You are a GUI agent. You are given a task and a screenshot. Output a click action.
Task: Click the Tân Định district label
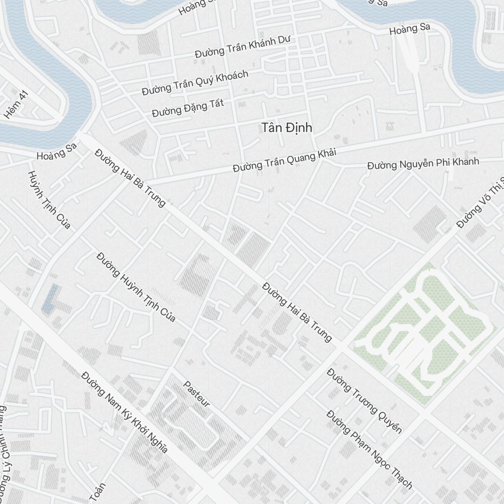287,128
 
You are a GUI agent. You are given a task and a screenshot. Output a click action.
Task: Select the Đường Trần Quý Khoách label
195,83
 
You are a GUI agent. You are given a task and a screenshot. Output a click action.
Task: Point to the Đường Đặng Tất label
188,107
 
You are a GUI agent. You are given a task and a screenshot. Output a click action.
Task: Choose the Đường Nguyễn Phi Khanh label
423,163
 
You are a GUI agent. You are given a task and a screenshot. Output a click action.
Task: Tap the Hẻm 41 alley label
16,105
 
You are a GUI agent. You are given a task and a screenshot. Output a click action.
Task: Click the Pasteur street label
196,394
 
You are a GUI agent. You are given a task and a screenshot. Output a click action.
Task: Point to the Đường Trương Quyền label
364,400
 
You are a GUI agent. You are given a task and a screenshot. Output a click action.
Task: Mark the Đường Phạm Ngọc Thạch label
369,450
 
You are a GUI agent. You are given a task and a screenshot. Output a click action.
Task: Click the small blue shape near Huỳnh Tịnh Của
51,298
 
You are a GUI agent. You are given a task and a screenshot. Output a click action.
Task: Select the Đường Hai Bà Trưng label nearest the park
297,312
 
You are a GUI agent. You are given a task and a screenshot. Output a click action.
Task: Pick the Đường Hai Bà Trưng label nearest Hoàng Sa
130,178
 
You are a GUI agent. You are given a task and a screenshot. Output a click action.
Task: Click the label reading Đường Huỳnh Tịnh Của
136,287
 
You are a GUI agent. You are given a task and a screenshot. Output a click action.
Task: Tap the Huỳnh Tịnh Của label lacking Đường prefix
48,200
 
